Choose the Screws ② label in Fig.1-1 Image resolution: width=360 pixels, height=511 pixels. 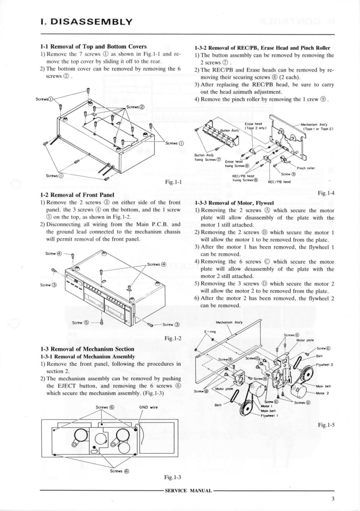135,107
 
